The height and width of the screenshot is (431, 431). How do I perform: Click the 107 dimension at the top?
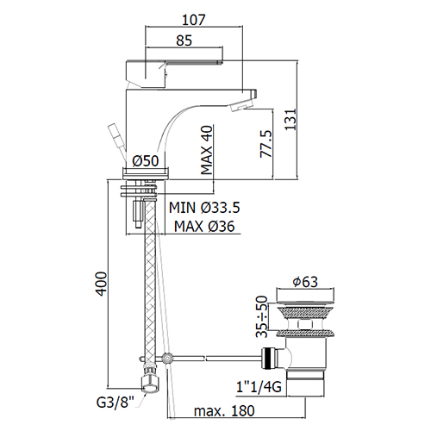click(194, 20)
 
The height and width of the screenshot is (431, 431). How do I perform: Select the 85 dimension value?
click(184, 41)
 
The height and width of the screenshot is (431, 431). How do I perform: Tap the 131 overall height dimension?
click(290, 120)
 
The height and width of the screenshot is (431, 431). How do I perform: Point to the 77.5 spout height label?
click(266, 144)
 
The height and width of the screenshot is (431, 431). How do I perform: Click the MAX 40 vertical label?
click(207, 150)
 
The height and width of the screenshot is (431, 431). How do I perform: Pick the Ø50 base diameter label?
click(146, 160)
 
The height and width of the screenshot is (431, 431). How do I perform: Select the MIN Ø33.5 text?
click(204, 208)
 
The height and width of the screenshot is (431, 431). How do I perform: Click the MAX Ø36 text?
click(204, 227)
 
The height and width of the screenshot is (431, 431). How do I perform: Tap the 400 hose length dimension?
click(101, 284)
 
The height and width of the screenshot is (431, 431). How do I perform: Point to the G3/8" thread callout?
click(116, 403)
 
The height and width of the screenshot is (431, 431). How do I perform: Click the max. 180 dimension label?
click(224, 411)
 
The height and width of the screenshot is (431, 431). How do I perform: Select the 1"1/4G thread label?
click(259, 387)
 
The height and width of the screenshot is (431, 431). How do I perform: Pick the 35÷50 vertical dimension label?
click(262, 316)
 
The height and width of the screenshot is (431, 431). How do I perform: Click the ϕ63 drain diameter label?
click(305, 282)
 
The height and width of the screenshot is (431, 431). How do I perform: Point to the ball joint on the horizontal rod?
click(166, 358)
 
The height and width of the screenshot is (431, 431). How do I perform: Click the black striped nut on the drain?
click(268, 359)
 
